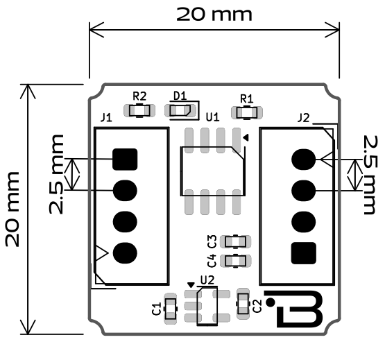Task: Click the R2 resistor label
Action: (139, 96)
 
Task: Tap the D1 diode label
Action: (180, 95)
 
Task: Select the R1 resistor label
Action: (246, 98)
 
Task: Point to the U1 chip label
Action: (212, 117)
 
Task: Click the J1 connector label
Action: (106, 117)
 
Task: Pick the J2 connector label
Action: (303, 117)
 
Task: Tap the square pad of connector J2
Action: (302, 252)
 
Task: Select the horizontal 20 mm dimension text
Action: (214, 14)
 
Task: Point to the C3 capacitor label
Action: (212, 241)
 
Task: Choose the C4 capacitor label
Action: (212, 261)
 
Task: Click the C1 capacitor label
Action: (157, 308)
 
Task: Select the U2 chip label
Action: (206, 280)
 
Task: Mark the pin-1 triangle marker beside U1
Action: (245, 138)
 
